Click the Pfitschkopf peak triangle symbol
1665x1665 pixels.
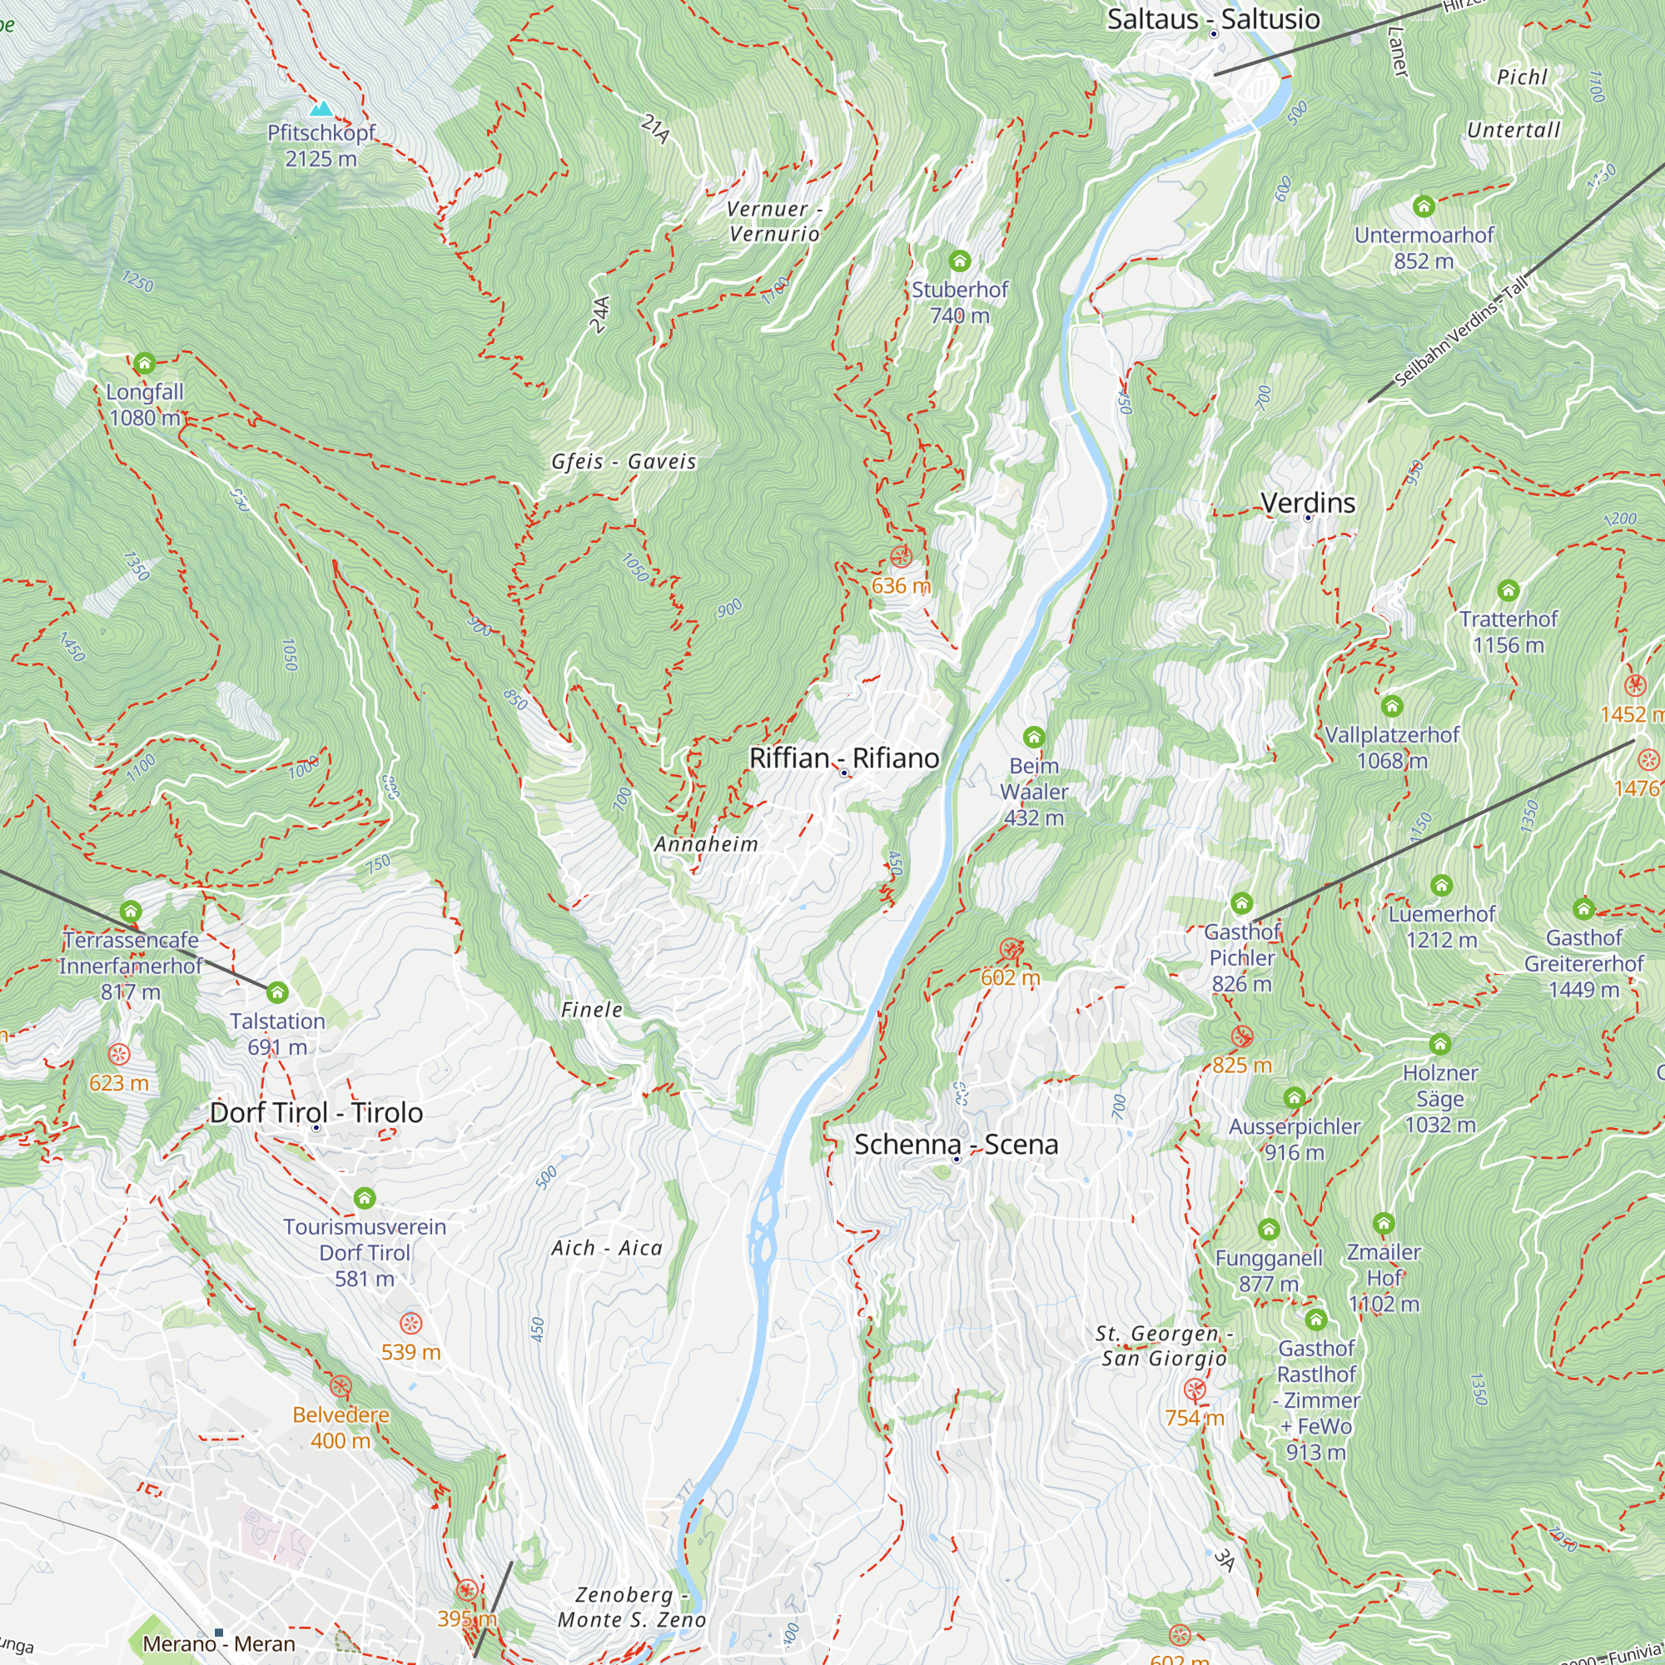pyautogui.click(x=321, y=108)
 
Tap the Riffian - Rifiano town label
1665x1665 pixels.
pyautogui.click(x=843, y=758)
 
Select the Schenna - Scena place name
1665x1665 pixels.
pyautogui.click(x=956, y=1145)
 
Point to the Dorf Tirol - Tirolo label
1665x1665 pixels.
pyautogui.click(x=316, y=1112)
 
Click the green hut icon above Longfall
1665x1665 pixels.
pyautogui.click(x=145, y=363)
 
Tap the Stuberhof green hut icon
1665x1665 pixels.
pyautogui.click(x=959, y=261)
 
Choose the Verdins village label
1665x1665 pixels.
pyautogui.click(x=1307, y=504)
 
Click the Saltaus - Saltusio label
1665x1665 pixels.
pyautogui.click(x=1213, y=19)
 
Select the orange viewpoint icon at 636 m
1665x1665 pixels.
pyautogui.click(x=901, y=557)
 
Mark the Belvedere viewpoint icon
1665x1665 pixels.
pyautogui.click(x=341, y=1387)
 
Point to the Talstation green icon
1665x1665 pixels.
pyautogui.click(x=276, y=993)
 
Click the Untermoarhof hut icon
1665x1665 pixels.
pyautogui.click(x=1424, y=206)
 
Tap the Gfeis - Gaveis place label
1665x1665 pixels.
pyautogui.click(x=623, y=462)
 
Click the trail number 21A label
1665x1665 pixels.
pyautogui.click(x=655, y=129)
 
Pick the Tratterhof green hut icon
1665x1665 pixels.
pyautogui.click(x=1508, y=590)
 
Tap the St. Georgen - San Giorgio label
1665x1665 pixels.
pyautogui.click(x=1164, y=1346)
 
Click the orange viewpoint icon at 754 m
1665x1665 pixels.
pyautogui.click(x=1195, y=1389)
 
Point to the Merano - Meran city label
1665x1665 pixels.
pyautogui.click(x=219, y=1644)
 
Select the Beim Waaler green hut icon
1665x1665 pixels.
pyautogui.click(x=1034, y=737)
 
